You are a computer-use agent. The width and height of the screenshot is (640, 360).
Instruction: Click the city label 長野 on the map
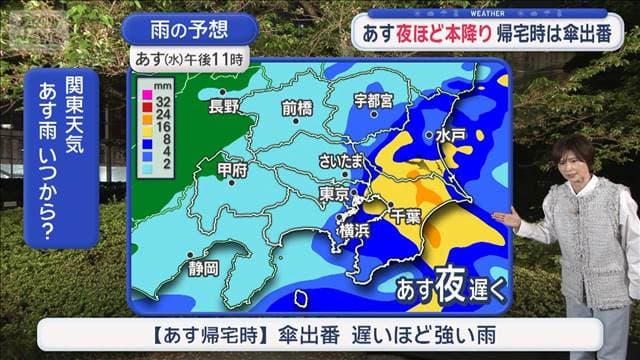tap(223, 106)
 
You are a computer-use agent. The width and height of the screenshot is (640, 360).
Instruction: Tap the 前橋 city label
tap(298, 106)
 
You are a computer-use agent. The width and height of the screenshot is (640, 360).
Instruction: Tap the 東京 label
tap(334, 192)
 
